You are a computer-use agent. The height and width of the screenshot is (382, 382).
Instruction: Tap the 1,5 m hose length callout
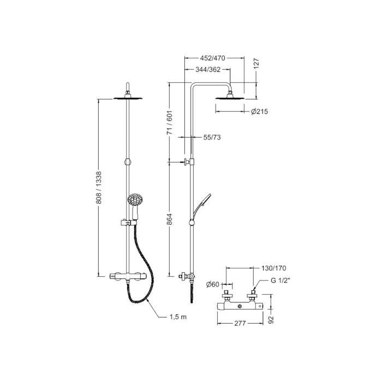(x=177, y=317)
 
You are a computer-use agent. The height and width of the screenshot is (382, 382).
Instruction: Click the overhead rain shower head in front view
(x=128, y=98)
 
